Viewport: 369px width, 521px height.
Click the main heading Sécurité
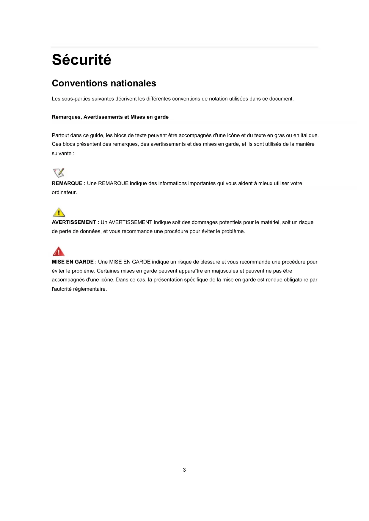coord(81,60)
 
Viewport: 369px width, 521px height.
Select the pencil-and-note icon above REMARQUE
coord(59,173)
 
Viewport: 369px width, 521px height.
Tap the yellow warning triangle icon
coord(59,212)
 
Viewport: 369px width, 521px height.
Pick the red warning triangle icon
coord(59,251)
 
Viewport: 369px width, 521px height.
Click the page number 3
coord(184,470)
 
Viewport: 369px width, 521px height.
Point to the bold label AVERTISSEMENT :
coord(75,222)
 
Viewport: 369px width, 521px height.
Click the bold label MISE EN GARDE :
coord(74,262)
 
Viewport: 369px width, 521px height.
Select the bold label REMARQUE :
coord(68,184)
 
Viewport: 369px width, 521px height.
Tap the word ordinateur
coord(64,192)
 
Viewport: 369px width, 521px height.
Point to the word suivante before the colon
coord(62,154)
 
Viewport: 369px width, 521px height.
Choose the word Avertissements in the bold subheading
coord(103,117)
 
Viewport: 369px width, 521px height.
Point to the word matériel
coord(270,222)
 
